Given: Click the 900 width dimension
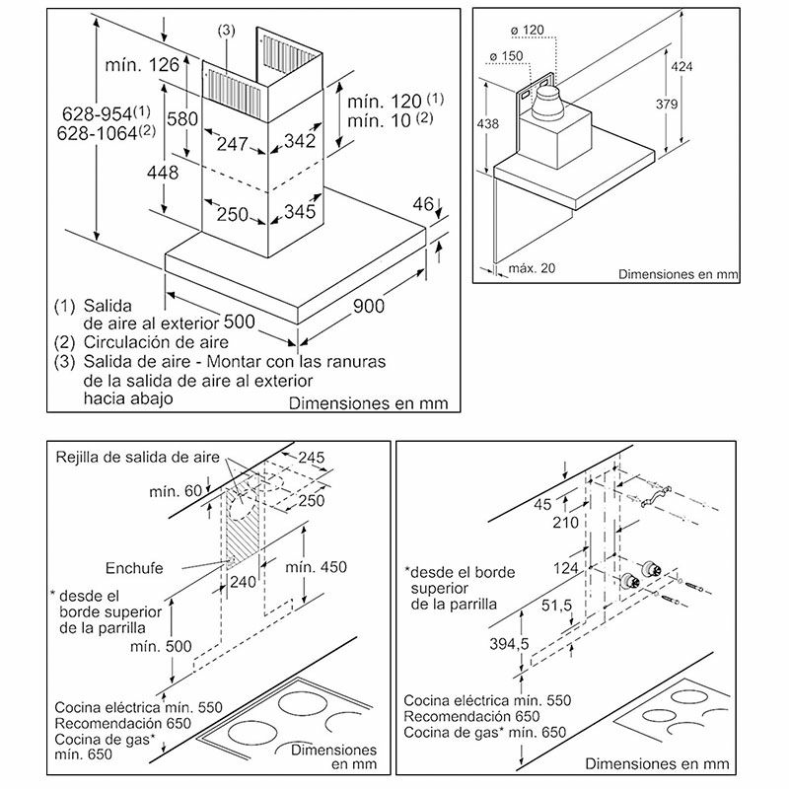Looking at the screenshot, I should coord(368,307).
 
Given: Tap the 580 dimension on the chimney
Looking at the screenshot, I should coord(182,118).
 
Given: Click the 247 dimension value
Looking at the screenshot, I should coord(232,145).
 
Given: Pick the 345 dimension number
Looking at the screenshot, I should coord(299,211).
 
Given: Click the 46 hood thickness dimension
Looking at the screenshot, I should coord(423,205).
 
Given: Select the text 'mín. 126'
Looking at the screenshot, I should coord(141,65).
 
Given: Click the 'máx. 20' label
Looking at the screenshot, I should coord(532,268).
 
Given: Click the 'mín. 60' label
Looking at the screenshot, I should coord(176,491).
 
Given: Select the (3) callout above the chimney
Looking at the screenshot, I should coord(227,31).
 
